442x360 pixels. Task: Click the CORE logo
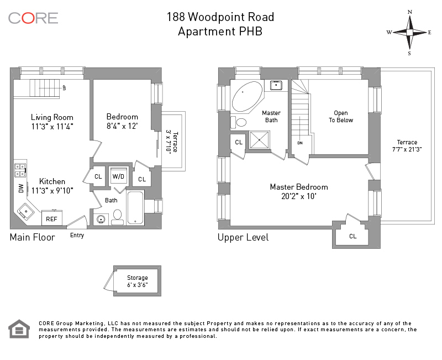[x=33, y=18]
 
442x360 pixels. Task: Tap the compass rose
[x=409, y=32]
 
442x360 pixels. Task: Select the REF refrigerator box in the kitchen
[x=51, y=219]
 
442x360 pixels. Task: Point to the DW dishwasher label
[x=21, y=188]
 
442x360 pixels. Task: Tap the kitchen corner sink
[x=25, y=211]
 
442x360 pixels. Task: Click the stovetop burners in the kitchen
[x=20, y=170]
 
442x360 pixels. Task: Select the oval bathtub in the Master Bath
[x=248, y=96]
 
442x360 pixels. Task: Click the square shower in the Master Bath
[x=259, y=140]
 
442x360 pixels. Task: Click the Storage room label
[x=138, y=278]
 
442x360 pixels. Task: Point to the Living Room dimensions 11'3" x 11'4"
[x=52, y=127]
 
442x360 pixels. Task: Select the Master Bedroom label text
[x=298, y=187]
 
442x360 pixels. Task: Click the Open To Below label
[x=341, y=117]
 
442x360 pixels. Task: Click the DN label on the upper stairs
[x=300, y=143]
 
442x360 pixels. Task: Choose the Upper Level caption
[x=243, y=237]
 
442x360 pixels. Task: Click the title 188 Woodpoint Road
[x=220, y=17]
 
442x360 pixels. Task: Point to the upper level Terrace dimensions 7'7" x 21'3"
[x=407, y=149]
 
